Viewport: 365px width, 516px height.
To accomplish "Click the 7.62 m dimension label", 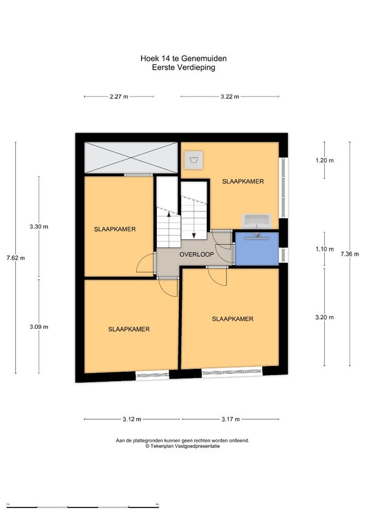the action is coord(16,258).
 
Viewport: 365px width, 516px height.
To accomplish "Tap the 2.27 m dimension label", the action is coord(119,97).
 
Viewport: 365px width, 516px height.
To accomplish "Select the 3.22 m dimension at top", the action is coord(230,97).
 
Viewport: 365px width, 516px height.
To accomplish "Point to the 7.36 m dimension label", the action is coord(350,254).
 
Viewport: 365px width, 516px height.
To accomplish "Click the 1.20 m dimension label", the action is coord(324,160).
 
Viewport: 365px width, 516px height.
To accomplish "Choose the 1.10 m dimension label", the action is coord(324,249).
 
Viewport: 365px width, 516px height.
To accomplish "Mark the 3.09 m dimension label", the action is coord(39,327).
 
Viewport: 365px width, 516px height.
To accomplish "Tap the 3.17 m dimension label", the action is coord(231,419).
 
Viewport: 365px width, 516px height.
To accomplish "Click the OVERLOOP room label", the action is coord(196,255).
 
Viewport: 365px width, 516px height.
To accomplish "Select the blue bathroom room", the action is coord(257,249).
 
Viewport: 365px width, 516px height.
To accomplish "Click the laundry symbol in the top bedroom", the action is coord(193,160).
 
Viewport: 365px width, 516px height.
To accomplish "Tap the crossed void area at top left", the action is coord(131,157).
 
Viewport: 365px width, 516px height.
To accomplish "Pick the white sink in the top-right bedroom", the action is coord(257,221).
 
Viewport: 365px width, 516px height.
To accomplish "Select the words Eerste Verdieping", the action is coord(184,67).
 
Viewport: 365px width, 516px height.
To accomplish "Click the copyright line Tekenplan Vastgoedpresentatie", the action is coord(183,446).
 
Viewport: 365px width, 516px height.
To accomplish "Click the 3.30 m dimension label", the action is coord(39,227).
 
